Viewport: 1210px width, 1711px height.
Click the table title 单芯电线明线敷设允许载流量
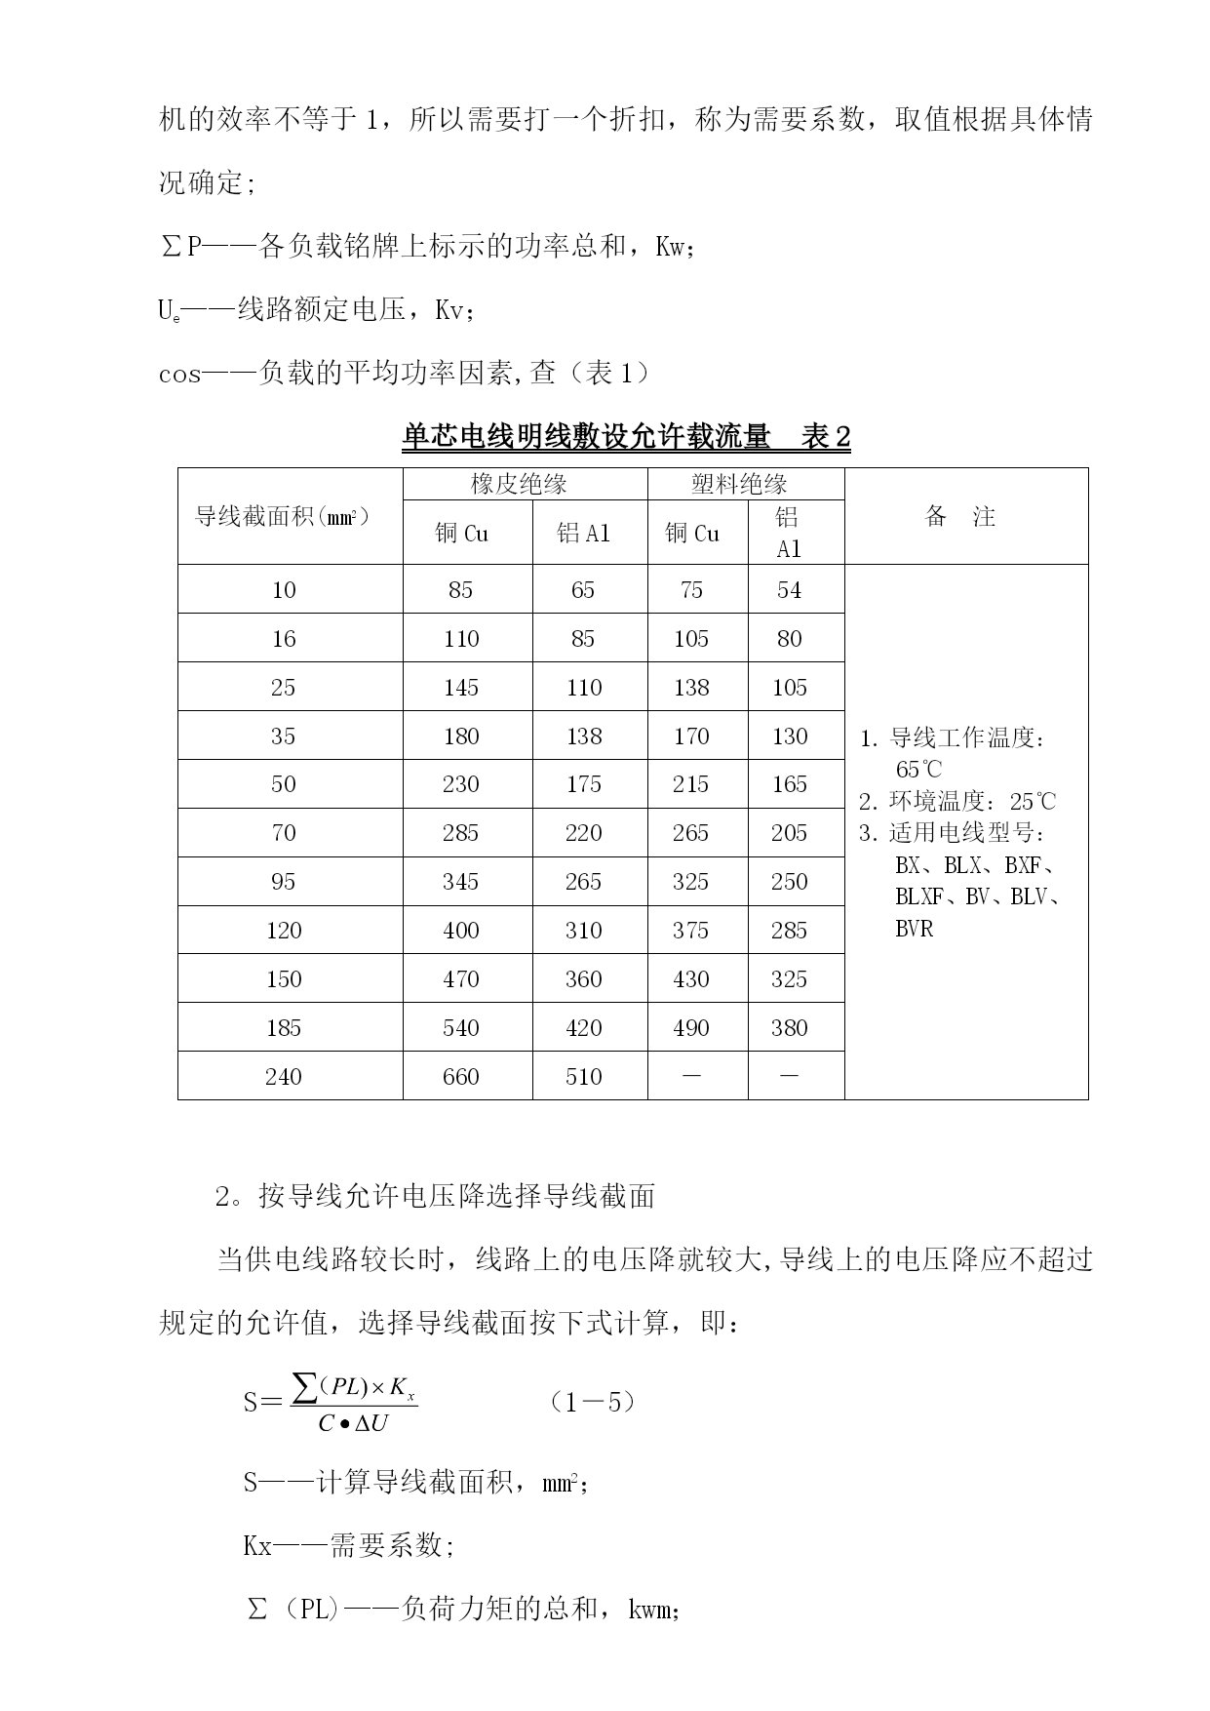coord(586,437)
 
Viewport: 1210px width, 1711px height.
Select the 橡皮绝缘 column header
coord(519,484)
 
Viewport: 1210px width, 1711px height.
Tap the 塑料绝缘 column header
coord(739,484)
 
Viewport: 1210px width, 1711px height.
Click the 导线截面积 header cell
coord(283,516)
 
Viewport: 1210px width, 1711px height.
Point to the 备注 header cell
coord(959,516)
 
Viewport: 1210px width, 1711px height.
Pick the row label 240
coord(283,1076)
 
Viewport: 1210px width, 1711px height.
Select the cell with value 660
coord(460,1076)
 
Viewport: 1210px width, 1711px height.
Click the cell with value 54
coord(789,590)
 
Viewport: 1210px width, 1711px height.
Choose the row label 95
coord(283,882)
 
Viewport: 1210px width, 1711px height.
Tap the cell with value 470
coord(460,979)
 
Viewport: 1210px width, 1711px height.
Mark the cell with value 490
coord(690,1028)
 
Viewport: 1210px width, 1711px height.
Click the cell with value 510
coord(583,1076)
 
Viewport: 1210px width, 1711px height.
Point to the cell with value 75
coord(690,590)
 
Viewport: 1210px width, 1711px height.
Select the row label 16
coord(283,639)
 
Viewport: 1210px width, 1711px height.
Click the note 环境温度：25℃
coord(957,802)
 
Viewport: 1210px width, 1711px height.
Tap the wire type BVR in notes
coord(914,929)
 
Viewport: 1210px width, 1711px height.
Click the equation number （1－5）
coord(593,1402)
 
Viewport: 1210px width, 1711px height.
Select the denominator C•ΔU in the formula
coord(353,1423)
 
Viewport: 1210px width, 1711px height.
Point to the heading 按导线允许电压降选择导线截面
coord(457,1196)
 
